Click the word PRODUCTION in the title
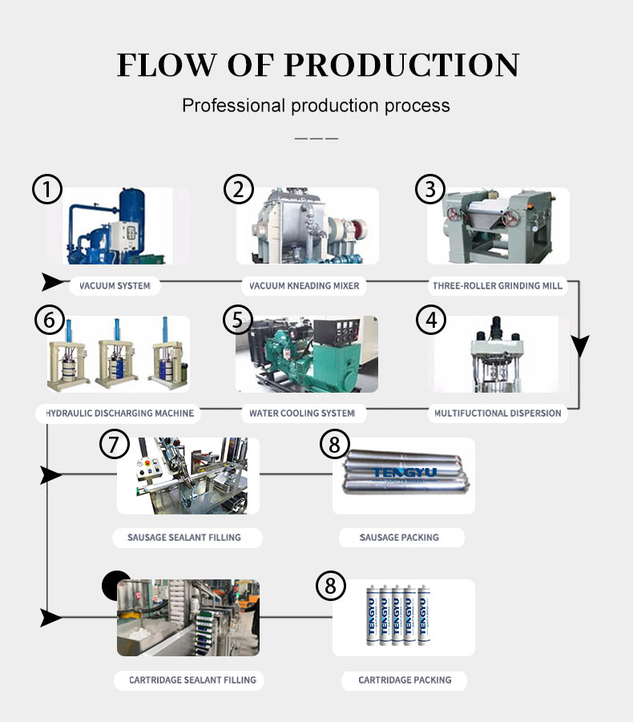click(x=401, y=65)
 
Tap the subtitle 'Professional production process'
click(x=316, y=105)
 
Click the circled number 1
click(x=47, y=190)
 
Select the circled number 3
click(x=429, y=190)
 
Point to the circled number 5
click(x=237, y=319)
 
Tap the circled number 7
click(x=115, y=443)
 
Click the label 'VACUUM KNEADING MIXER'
click(x=304, y=285)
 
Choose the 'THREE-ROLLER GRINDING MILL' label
click(x=498, y=285)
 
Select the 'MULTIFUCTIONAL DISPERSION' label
click(x=498, y=413)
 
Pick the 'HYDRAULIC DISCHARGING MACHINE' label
click(x=116, y=413)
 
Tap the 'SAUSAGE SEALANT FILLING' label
click(x=184, y=537)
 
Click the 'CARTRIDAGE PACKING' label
click(x=405, y=680)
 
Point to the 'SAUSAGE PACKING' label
click(x=399, y=537)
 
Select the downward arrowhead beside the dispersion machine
click(x=579, y=346)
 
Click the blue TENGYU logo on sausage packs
click(x=404, y=473)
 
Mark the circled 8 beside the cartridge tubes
click(x=330, y=586)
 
